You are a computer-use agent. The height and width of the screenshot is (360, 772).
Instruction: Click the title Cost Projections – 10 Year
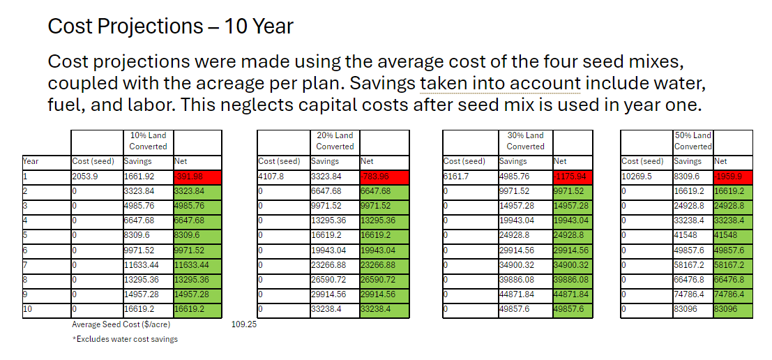170,27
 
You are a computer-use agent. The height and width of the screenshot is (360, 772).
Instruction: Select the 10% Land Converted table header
148,141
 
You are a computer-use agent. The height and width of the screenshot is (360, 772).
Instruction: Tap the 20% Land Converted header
335,141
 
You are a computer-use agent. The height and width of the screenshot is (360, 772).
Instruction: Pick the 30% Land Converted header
525,141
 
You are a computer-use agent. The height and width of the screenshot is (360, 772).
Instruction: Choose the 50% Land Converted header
692,141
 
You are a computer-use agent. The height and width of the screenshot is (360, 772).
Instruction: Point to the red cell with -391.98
197,177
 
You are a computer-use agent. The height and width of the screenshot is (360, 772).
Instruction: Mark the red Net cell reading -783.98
384,177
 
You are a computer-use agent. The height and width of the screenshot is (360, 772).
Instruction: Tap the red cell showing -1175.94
572,177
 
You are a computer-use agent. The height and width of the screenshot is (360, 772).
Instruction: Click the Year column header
31,161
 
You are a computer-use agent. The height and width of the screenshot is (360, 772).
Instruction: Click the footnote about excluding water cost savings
125,339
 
